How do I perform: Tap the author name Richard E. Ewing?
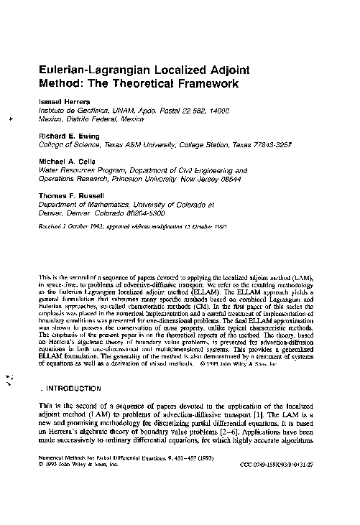(70, 134)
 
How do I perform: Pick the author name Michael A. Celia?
(68, 162)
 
